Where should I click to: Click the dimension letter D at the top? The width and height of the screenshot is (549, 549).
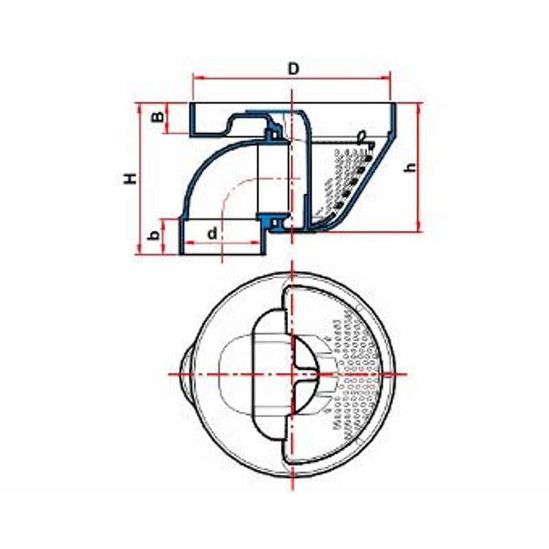pos(294,69)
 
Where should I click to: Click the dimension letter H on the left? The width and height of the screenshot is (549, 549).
pos(130,178)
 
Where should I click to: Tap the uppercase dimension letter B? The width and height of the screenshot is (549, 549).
pos(158,117)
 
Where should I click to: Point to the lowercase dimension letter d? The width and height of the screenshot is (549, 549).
pos(213,233)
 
